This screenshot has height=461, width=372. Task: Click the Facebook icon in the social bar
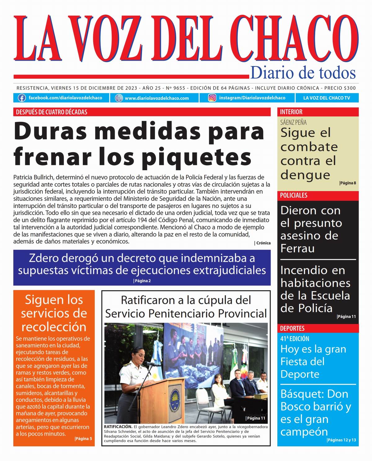22,98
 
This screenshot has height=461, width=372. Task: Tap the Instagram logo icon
212,98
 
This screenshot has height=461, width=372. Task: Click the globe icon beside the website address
119,98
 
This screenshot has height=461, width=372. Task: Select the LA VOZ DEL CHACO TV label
326,98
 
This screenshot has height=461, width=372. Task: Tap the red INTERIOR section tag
291,112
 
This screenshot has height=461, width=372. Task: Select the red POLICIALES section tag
294,195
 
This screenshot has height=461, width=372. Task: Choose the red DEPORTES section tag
292,328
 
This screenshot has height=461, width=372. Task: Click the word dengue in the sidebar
305,175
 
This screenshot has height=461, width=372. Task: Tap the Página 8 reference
348,183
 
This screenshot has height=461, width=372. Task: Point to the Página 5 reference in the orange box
83,439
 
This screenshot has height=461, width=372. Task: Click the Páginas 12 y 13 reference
341,440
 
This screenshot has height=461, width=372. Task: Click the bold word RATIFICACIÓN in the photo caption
118,427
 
